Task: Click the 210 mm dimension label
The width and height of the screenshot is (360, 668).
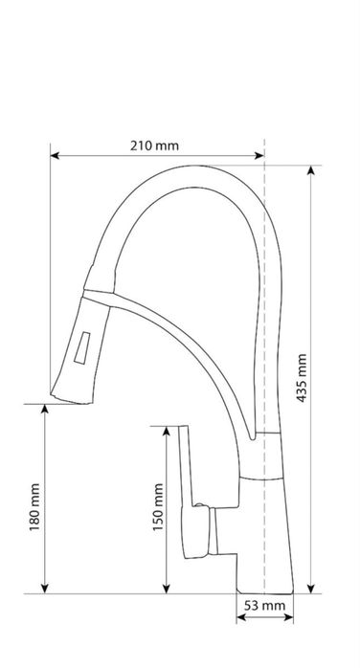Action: tap(154, 145)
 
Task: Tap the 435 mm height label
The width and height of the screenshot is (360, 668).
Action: tap(302, 378)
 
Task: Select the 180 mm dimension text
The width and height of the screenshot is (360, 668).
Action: tap(34, 507)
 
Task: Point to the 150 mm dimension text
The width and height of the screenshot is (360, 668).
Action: tap(158, 507)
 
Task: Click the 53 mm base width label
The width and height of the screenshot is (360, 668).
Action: tap(264, 606)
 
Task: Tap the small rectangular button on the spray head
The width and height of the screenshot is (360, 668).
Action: tap(81, 347)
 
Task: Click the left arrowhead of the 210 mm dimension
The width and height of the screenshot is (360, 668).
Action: tap(55, 156)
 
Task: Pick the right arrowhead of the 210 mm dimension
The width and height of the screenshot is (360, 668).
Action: tap(259, 156)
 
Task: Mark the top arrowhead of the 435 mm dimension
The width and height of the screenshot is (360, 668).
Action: tap(311, 170)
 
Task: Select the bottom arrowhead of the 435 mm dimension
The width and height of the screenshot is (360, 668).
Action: tap(311, 589)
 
